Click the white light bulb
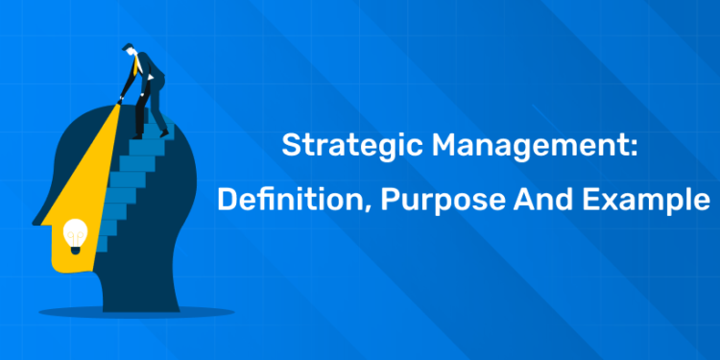coord(74,233)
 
